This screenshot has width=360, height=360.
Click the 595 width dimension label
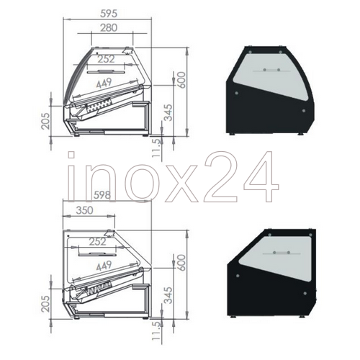[x=109, y=14]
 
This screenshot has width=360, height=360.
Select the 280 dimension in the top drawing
[x=109, y=28]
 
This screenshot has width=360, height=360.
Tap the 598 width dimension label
[x=102, y=195]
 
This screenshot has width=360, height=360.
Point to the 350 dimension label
[x=84, y=210]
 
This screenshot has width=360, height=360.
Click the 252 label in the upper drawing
[x=106, y=59]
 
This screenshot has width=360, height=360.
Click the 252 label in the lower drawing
[x=97, y=241]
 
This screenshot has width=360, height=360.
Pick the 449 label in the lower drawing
[x=104, y=266]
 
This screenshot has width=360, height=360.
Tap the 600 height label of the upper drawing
[x=181, y=80]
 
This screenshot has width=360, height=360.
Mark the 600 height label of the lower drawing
[x=181, y=263]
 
